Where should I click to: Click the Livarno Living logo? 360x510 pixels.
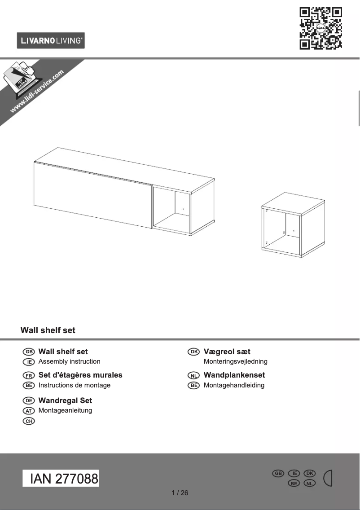(51, 41)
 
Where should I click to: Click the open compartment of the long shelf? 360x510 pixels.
(172, 210)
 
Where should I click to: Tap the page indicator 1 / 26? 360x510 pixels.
(180, 493)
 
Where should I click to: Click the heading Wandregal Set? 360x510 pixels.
(65, 400)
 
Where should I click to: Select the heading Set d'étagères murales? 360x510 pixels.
(80, 375)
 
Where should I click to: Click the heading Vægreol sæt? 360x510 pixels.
(227, 352)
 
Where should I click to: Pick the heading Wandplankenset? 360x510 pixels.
(234, 375)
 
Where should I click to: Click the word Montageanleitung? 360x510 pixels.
(65, 410)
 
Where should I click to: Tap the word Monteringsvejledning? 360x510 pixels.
(235, 361)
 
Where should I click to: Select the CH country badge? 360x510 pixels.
(28, 421)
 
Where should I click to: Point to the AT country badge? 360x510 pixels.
(28, 411)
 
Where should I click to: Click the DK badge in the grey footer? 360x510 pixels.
(310, 474)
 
